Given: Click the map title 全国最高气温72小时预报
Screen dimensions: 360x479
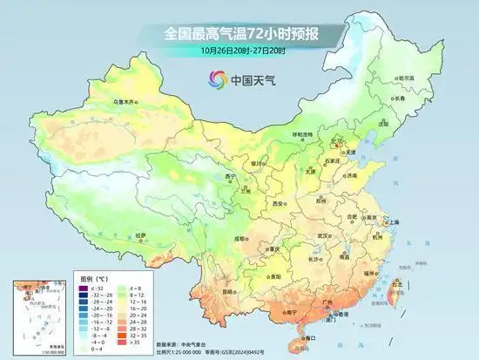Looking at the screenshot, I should click(x=239, y=33).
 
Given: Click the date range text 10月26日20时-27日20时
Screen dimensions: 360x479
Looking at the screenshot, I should click(x=239, y=50).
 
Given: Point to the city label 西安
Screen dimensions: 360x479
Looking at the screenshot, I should click(x=278, y=202).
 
